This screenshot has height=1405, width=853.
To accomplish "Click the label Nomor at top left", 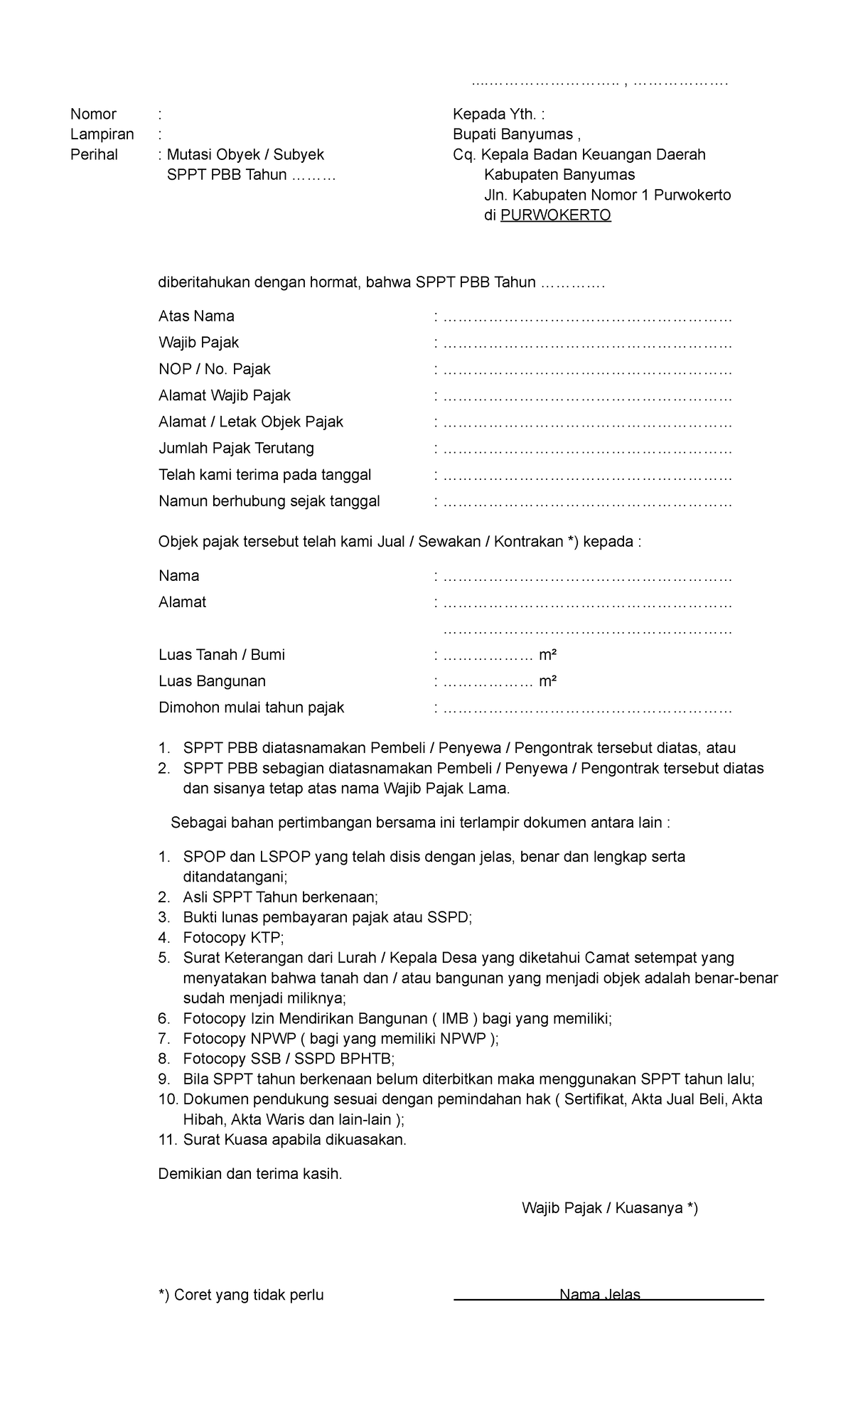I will [93, 114].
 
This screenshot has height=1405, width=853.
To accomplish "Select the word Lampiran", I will [102, 134].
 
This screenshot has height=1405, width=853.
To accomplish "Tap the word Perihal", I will [94, 155].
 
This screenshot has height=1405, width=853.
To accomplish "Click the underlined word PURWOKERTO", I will [555, 215].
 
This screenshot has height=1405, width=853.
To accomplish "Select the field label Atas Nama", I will [196, 316].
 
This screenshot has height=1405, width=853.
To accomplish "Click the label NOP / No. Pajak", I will [214, 370].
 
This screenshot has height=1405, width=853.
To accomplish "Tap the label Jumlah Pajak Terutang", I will [236, 449].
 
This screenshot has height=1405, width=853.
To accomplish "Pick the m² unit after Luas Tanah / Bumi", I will [547, 655].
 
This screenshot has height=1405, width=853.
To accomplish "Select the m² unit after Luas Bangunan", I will [547, 681].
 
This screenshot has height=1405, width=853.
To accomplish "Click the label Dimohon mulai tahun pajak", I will [251, 707].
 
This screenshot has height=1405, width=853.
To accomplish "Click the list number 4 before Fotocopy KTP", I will [164, 938].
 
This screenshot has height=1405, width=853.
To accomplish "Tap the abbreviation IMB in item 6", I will [454, 1019].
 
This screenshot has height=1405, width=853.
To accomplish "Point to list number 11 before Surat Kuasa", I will [166, 1140].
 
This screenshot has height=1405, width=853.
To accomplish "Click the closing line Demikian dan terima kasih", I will [250, 1174].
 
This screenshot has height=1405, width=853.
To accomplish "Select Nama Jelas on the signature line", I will [600, 1295].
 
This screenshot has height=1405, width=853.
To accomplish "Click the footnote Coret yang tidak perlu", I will [241, 1296].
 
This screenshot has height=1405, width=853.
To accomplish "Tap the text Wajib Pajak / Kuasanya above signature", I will [609, 1208].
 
